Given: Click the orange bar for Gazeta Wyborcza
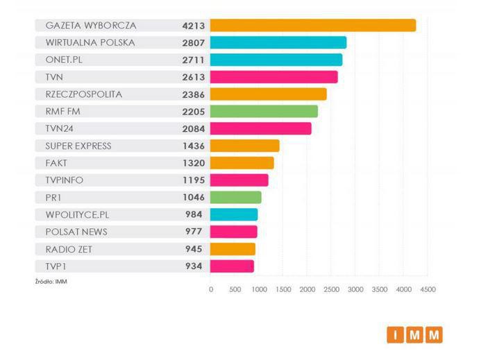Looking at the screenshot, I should click(312, 26).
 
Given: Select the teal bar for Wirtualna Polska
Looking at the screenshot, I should click(278, 43).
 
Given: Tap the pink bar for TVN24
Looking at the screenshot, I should click(260, 128).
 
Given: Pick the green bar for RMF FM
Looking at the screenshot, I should click(264, 111).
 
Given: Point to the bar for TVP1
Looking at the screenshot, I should click(232, 266).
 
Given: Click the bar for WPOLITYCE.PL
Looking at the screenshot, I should click(234, 214).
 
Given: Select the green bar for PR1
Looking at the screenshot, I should click(235, 197).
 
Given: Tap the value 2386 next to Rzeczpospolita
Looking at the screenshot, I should click(193, 94).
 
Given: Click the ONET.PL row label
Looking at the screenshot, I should click(64, 60).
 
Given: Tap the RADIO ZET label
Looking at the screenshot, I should click(70, 248).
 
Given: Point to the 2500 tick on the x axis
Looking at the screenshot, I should click(331, 289).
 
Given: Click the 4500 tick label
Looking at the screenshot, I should click(428, 289).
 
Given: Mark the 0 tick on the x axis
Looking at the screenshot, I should click(211, 289).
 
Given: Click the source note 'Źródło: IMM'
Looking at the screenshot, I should click(51, 281).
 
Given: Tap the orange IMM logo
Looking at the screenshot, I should click(414, 335).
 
